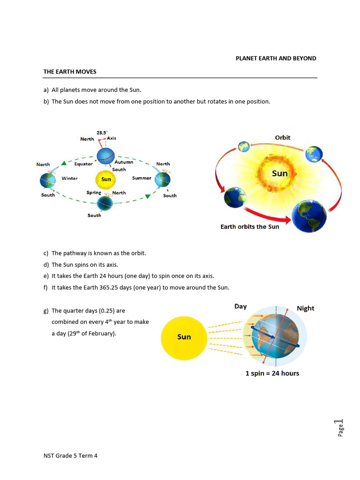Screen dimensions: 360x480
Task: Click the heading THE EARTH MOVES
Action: [70, 72]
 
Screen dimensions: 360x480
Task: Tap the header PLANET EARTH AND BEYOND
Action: [276, 59]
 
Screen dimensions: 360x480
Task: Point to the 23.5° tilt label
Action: [101, 133]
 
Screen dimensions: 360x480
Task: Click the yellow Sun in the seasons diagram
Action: [106, 179]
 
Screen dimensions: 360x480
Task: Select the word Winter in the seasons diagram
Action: [69, 179]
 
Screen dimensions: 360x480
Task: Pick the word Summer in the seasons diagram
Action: [142, 178]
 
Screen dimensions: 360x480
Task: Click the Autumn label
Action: [124, 162]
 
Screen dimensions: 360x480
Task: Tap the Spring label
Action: [94, 193]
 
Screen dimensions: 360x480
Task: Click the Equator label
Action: [83, 164]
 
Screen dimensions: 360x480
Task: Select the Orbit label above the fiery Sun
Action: [283, 137]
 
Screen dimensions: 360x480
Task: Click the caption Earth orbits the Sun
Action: [249, 227]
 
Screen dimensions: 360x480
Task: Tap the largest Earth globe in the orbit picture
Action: [309, 216]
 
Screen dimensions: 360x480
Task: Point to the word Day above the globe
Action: [240, 307]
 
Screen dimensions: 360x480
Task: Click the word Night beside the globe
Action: [306, 308]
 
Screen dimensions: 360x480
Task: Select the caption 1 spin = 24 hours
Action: [272, 373]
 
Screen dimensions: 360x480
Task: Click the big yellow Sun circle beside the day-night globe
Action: [184, 337]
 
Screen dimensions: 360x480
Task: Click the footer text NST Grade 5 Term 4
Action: [70, 455]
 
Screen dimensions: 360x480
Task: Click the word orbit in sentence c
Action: [138, 253]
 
